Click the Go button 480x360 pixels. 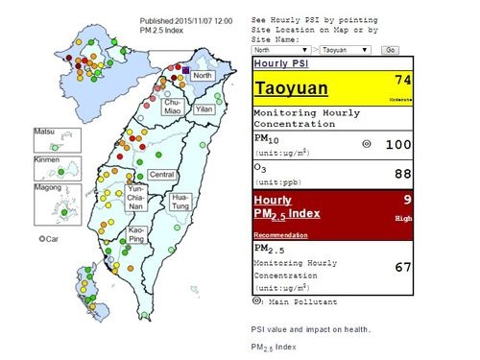coord(390,48)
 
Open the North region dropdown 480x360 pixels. coord(280,48)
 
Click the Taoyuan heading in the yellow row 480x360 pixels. coord(292,89)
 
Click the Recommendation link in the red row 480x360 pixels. coord(280,234)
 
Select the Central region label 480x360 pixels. coord(161,174)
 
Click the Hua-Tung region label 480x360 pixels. coord(180,203)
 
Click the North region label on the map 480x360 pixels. coord(202,75)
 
